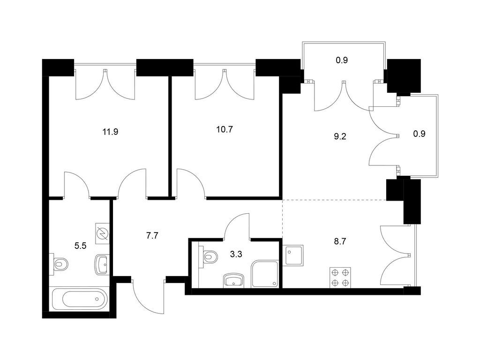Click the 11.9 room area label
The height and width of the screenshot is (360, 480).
(111, 132)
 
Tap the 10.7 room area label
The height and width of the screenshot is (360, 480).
(225, 129)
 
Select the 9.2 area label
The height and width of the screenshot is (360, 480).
(340, 136)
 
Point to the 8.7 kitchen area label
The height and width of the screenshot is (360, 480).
(340, 242)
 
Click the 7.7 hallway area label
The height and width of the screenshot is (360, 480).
(152, 236)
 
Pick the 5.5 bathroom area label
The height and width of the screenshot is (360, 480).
(81, 246)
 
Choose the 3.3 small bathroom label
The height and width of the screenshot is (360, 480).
(236, 254)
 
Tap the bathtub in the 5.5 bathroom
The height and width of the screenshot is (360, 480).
(80, 299)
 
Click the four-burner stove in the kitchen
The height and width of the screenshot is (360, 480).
(340, 277)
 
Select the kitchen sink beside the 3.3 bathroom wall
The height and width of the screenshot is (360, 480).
(293, 255)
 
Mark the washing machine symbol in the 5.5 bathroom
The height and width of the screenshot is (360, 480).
(103, 233)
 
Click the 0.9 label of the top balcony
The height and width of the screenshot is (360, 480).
(342, 60)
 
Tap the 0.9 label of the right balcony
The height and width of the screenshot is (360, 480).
(419, 134)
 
